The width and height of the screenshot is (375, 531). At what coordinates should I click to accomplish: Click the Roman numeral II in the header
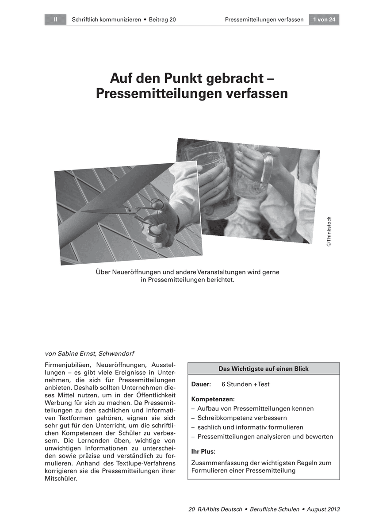(x=55, y=19)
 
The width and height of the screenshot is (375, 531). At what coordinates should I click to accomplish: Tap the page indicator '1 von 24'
(x=324, y=19)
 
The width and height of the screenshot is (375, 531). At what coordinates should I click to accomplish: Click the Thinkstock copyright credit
(x=329, y=231)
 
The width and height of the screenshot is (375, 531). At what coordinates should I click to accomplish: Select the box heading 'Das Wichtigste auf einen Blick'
(x=264, y=369)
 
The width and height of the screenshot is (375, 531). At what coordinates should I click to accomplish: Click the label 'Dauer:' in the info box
(x=201, y=384)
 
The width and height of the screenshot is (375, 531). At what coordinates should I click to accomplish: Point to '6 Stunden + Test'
(x=245, y=384)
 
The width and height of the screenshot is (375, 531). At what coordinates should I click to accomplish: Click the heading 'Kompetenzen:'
(x=213, y=399)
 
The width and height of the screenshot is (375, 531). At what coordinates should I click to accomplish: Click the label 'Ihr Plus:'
(x=203, y=452)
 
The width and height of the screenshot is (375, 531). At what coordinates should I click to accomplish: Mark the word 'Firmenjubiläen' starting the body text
(x=67, y=365)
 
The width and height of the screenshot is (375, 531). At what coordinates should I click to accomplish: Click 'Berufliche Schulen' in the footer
(x=275, y=509)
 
